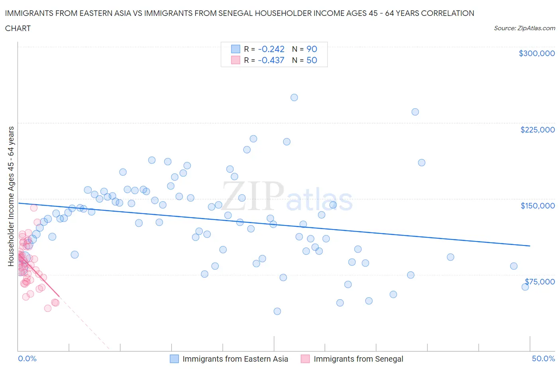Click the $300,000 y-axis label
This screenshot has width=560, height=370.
[x=537, y=53]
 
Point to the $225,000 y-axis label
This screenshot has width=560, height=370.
[x=537, y=130]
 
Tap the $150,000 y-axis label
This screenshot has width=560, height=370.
[x=537, y=206]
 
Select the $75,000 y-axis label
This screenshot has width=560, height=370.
[x=539, y=282]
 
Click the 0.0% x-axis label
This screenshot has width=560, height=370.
[x=27, y=358]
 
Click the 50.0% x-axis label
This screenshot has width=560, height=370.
[x=543, y=358]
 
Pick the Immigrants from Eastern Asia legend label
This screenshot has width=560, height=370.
[x=235, y=359]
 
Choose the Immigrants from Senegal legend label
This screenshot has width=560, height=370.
[x=358, y=359]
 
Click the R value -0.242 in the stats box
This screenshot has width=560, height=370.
[x=271, y=49]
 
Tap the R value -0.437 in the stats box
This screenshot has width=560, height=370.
[x=271, y=60]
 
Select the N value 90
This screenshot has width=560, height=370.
[x=311, y=49]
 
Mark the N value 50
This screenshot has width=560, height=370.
[x=311, y=60]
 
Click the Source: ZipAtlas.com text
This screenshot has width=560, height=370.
[x=524, y=28]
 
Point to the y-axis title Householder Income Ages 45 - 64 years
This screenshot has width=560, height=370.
[x=11, y=196]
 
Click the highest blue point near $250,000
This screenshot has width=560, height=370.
[x=294, y=97]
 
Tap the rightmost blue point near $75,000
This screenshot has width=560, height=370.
[x=525, y=287]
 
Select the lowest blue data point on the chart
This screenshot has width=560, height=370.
[x=277, y=311]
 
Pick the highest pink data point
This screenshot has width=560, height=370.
[x=34, y=208]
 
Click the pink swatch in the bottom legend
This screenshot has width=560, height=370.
[x=305, y=359]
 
